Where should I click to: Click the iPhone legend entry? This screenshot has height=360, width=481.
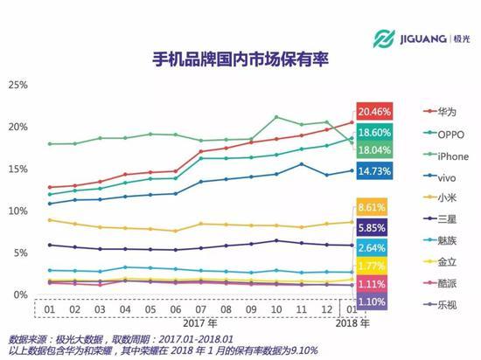pyautogui.click(x=428, y=155)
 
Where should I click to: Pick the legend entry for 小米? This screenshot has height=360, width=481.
pyautogui.click(x=424, y=197)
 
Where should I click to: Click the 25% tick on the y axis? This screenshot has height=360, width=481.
pyautogui.click(x=18, y=85)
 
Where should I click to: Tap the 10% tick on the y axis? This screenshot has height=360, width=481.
pyautogui.click(x=18, y=211)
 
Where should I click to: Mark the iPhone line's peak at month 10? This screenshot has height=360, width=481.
pyautogui.click(x=276, y=116)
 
